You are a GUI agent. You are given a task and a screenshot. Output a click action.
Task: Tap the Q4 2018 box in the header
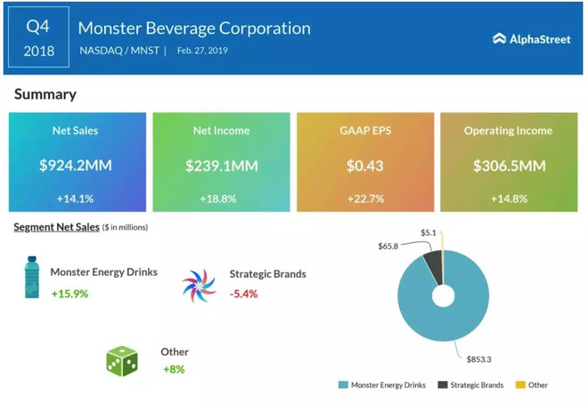coord(37,39)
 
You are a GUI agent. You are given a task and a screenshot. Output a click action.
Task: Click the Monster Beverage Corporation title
coord(194,28)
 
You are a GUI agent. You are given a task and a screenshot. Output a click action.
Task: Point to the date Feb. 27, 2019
coord(201,51)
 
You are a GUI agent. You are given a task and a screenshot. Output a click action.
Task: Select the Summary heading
coord(45,93)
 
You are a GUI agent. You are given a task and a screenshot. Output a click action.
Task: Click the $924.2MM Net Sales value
coord(75,165)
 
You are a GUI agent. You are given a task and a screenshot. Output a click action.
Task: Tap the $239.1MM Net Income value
coord(222,165)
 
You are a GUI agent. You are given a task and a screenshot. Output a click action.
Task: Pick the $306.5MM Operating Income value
coord(508,165)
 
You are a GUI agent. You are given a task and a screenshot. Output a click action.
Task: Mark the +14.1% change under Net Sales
coord(75,198)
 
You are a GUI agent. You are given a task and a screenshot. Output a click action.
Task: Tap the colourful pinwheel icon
coord(199,286)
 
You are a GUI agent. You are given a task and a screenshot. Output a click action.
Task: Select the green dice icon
coord(122,360)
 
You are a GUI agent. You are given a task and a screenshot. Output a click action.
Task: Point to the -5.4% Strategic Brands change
coord(243,293)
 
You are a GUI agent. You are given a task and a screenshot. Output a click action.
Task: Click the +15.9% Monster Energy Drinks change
coord(69,293)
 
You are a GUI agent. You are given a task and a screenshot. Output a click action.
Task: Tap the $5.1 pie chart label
coord(429,233)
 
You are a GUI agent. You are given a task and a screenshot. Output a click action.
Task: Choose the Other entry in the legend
coord(537,385)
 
